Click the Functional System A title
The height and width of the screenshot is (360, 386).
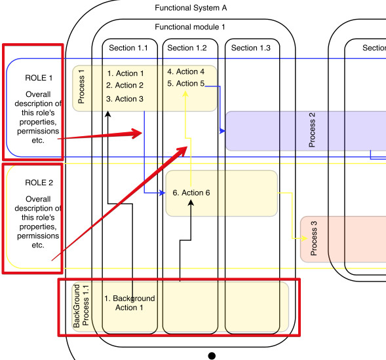(x=191, y=8)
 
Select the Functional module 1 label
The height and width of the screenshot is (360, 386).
(x=190, y=27)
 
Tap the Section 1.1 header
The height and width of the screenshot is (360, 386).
(x=128, y=48)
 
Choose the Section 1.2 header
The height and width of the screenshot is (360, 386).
(x=187, y=48)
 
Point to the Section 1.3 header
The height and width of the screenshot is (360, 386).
(x=250, y=48)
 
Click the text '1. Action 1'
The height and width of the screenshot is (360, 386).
(x=126, y=73)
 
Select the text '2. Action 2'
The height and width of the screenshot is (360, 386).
(x=125, y=85)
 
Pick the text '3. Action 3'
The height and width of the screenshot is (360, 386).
(x=125, y=99)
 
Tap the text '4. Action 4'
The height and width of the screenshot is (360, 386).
(x=186, y=71)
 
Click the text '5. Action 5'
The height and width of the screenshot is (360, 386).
(x=186, y=83)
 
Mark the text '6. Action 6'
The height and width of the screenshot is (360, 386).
(x=191, y=193)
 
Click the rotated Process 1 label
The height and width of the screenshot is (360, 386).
(x=81, y=86)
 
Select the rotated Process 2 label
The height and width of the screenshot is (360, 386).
(x=312, y=130)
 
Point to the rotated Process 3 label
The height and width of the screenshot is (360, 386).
(x=313, y=238)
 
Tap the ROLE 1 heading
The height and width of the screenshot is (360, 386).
(x=39, y=78)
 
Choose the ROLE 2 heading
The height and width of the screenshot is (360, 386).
(x=39, y=183)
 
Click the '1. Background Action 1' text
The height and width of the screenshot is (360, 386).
(x=130, y=303)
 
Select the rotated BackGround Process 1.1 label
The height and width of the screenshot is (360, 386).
(x=81, y=306)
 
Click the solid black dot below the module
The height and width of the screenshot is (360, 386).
(x=212, y=356)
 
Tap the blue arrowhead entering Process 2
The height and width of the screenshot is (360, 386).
(x=223, y=131)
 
